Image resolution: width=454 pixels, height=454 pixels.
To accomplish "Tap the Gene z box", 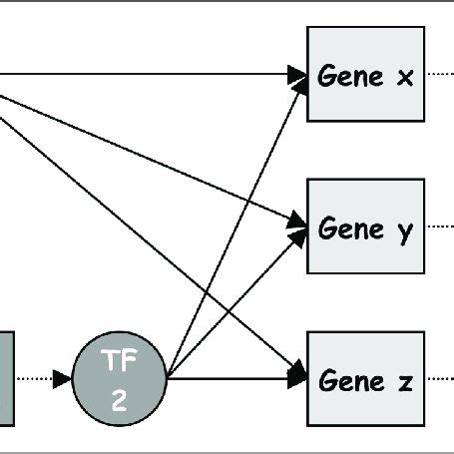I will click(x=365, y=379).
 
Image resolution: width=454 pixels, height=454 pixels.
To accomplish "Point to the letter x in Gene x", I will click(x=405, y=76).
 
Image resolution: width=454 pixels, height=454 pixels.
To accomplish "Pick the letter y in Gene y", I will click(x=405, y=230).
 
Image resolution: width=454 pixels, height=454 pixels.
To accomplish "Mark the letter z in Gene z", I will click(x=405, y=381).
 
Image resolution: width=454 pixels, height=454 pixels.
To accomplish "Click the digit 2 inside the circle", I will click(x=120, y=400).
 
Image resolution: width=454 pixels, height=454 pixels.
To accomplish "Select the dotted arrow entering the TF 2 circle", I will click(x=45, y=379).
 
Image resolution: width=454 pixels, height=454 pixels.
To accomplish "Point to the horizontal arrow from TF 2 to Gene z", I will click(x=234, y=379).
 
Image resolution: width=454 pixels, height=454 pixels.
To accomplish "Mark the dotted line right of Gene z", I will click(x=439, y=379).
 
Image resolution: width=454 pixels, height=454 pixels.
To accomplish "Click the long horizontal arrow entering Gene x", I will click(x=150, y=73).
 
